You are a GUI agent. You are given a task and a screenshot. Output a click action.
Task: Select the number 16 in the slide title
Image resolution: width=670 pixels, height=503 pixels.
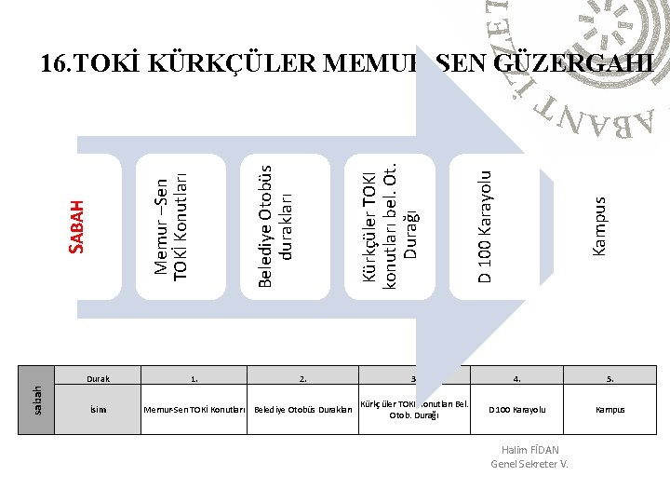(53, 64)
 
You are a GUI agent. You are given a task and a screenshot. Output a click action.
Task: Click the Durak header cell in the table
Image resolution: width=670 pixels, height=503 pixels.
(98, 379)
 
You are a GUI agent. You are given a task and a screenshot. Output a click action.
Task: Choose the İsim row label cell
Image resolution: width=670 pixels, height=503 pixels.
(98, 410)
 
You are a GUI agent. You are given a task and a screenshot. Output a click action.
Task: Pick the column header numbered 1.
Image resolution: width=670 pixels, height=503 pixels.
(194, 379)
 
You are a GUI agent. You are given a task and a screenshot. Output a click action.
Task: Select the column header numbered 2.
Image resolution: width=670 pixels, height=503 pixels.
(303, 379)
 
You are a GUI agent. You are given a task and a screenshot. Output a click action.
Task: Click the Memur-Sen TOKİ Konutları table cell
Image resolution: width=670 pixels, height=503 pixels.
(194, 410)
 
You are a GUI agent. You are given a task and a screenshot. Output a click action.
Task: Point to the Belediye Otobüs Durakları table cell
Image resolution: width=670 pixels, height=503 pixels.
(303, 410)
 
